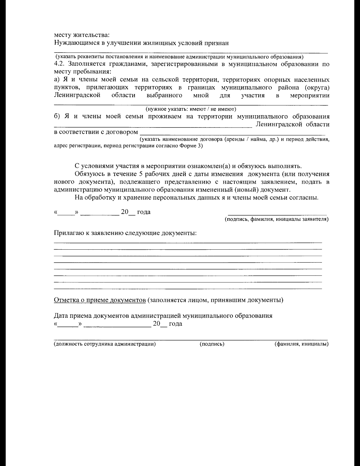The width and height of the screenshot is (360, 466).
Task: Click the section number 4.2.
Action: click(x=59, y=64)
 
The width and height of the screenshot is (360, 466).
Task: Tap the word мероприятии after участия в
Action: click(x=310, y=95)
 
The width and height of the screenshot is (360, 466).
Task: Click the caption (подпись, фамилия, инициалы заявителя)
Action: click(x=277, y=220)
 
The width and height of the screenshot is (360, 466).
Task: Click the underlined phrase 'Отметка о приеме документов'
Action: click(x=100, y=300)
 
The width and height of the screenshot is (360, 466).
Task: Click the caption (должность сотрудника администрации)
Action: click(x=105, y=344)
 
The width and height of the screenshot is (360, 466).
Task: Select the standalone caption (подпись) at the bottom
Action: click(x=212, y=344)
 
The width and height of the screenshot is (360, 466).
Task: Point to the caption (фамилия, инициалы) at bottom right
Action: click(x=301, y=344)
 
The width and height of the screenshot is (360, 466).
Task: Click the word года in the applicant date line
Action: click(x=144, y=212)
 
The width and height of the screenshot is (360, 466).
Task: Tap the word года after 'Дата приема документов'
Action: click(x=175, y=324)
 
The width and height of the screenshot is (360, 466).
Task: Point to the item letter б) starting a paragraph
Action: click(x=57, y=116)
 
